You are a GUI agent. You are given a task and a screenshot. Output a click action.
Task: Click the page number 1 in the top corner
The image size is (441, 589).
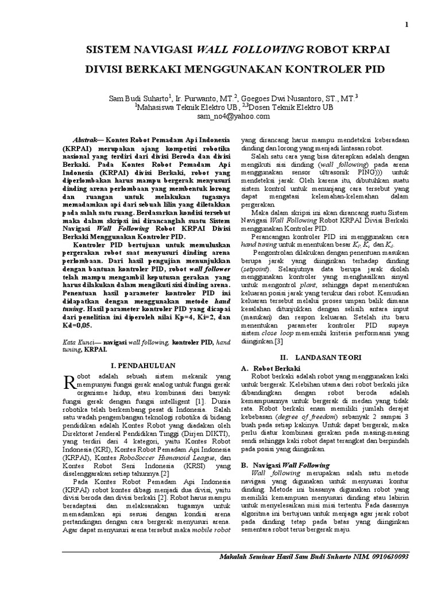coord(407,25)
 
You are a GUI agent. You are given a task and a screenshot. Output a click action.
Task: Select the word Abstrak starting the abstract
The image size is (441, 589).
coord(87,140)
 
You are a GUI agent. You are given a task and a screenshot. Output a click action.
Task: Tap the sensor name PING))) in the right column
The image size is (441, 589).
coord(357,171)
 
